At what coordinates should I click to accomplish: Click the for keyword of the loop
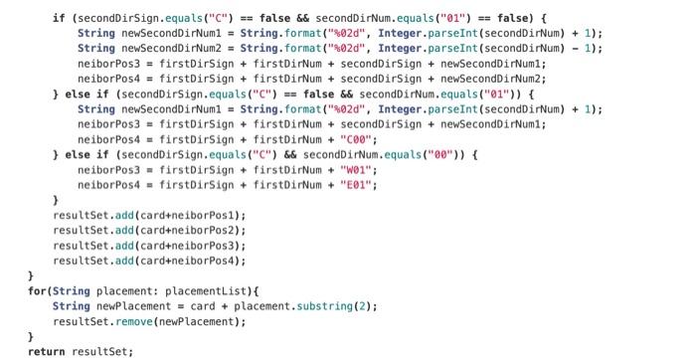point(37,289)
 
